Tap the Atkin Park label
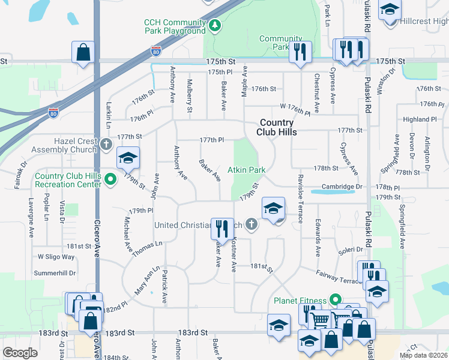coord(246,170)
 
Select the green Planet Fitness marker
coord(336,300)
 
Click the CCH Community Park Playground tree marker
coord(215,25)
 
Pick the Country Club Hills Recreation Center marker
coord(110,179)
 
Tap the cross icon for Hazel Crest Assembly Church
coord(106,145)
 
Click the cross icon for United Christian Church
coord(251,225)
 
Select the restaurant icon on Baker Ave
coord(223,228)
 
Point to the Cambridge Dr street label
coord(343,187)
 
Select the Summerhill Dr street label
coord(55,272)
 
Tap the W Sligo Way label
coord(56,257)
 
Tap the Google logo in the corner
coord(20,353)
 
